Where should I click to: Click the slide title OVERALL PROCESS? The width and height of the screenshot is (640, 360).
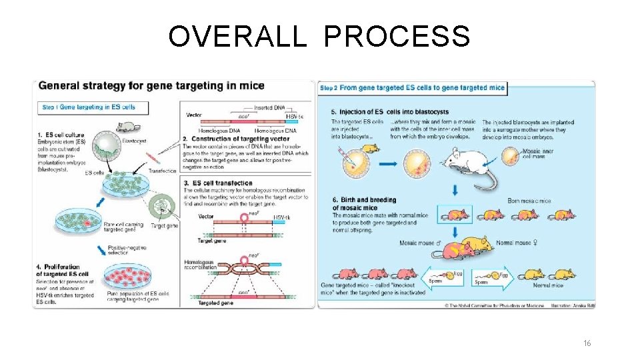319,37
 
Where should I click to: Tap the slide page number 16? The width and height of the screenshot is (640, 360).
587,343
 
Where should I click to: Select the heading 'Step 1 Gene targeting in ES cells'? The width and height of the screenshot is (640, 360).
89,107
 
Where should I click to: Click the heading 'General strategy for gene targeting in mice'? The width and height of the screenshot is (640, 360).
151,85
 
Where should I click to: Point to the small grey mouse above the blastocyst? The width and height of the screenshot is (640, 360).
125,127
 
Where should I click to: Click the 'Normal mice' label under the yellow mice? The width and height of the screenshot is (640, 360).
548,285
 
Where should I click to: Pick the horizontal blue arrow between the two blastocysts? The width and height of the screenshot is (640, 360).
390,163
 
